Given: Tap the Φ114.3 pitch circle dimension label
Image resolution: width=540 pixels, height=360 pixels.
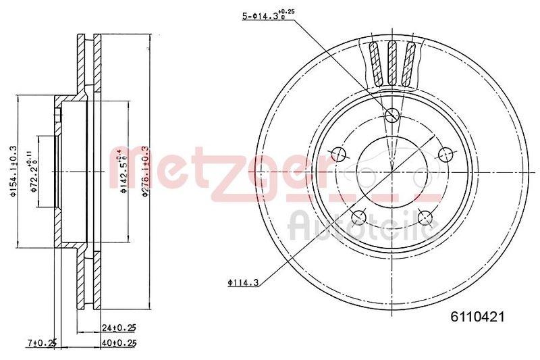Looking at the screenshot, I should [242, 282].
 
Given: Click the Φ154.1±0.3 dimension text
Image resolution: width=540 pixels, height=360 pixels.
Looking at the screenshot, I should [12, 172].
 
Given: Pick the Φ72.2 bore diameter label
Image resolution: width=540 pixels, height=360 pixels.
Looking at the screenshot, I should [31, 172].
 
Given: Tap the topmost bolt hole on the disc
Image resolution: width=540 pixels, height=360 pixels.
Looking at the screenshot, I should [391, 116].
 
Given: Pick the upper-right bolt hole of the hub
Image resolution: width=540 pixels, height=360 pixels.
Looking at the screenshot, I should [444, 155].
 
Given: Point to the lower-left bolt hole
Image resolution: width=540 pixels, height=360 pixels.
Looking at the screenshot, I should [359, 217].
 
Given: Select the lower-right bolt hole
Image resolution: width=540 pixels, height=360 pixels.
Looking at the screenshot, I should [425, 216].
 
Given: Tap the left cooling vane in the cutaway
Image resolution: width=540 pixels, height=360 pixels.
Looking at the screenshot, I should [376, 63].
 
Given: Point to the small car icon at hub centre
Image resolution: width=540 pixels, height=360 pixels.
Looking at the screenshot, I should [391, 167].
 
